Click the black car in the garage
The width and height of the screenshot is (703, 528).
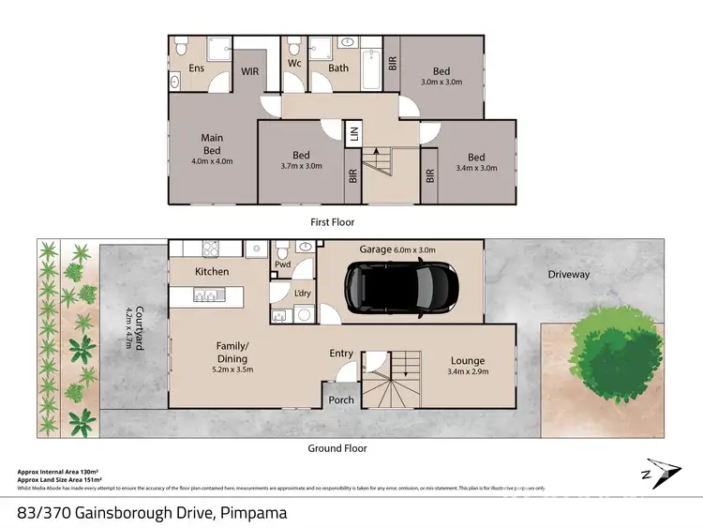399,289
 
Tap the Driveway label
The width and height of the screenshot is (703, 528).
569,275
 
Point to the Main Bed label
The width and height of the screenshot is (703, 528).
212,143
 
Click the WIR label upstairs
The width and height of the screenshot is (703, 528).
250,70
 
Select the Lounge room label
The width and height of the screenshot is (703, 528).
467,359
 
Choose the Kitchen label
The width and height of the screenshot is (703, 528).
212,272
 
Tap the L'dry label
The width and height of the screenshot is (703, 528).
303,294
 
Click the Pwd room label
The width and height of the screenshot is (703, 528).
282,265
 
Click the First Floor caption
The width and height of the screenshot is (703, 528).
332,222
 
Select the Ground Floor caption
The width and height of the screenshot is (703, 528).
337,448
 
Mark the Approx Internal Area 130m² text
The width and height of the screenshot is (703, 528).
58,471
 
